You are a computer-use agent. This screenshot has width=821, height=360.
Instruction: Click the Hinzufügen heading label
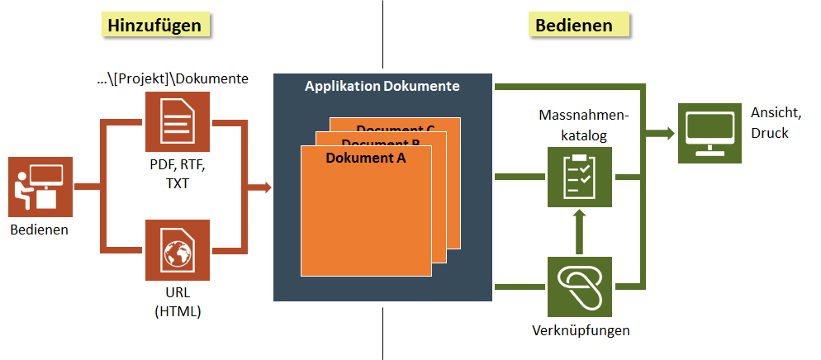(x=155, y=26)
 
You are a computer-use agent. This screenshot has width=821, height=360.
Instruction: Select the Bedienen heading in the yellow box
(x=574, y=26)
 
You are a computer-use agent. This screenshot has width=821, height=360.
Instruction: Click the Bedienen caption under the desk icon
(x=40, y=230)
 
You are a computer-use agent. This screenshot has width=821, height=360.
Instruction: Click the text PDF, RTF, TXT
(x=177, y=174)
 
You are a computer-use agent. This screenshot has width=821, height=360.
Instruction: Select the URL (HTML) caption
(x=177, y=303)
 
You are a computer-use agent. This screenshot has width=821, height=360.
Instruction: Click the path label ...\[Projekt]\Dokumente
(x=172, y=79)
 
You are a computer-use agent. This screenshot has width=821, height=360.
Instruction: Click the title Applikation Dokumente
(x=382, y=86)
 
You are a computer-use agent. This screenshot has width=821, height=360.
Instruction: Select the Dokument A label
(x=366, y=158)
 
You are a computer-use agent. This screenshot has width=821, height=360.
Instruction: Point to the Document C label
(x=396, y=129)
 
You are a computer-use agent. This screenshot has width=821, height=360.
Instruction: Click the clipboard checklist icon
(x=579, y=175)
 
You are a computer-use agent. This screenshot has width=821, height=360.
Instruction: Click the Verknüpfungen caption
(x=581, y=331)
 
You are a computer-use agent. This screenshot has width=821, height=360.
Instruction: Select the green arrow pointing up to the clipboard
(x=579, y=230)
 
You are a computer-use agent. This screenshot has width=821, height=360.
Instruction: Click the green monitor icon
(x=709, y=132)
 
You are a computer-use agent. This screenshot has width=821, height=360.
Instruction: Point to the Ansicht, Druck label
(x=769, y=122)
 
